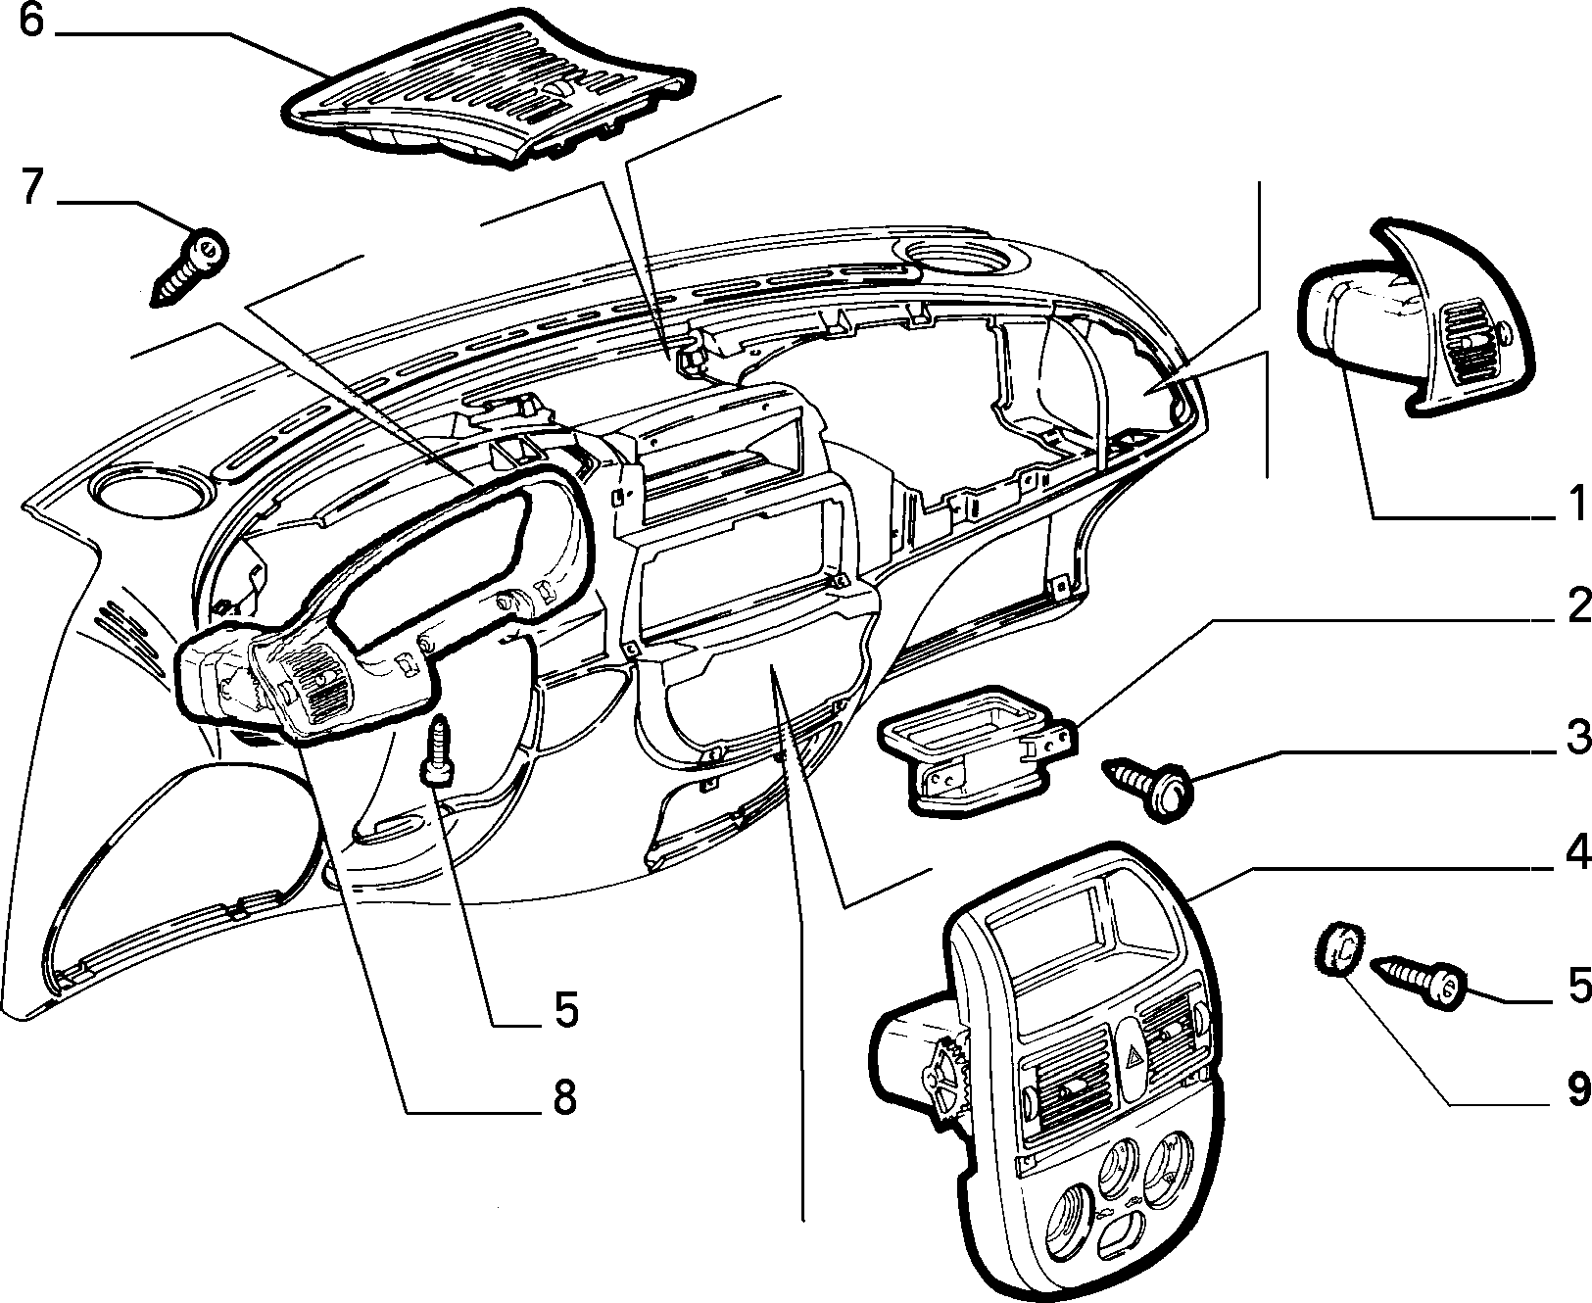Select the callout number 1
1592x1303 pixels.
pyautogui.click(x=1572, y=506)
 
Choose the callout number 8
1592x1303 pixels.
pyautogui.click(x=564, y=1098)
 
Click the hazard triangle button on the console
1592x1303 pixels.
pyautogui.click(x=1137, y=1058)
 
